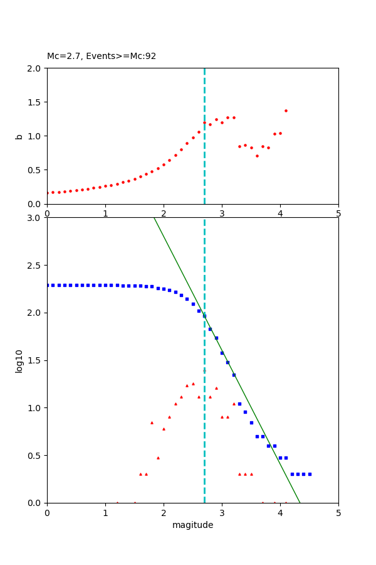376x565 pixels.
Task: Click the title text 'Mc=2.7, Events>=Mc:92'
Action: click(102, 56)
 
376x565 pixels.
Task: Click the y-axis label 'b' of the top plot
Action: click(19, 136)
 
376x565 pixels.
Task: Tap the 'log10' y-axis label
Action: click(19, 360)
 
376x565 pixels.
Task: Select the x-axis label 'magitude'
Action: click(192, 525)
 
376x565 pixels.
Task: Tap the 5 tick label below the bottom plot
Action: click(338, 512)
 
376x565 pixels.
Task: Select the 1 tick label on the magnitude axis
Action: click(105, 512)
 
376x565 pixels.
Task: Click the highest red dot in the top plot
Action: click(286, 110)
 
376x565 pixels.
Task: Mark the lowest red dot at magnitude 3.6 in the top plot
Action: click(257, 156)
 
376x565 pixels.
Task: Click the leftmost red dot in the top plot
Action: click(47, 193)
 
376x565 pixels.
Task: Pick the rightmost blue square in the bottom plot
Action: click(310, 474)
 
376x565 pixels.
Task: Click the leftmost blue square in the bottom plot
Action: click(47, 285)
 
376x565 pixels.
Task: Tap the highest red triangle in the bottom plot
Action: click(193, 383)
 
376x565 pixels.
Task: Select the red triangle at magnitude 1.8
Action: click(152, 422)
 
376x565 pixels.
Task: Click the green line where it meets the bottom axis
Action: click(300, 502)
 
